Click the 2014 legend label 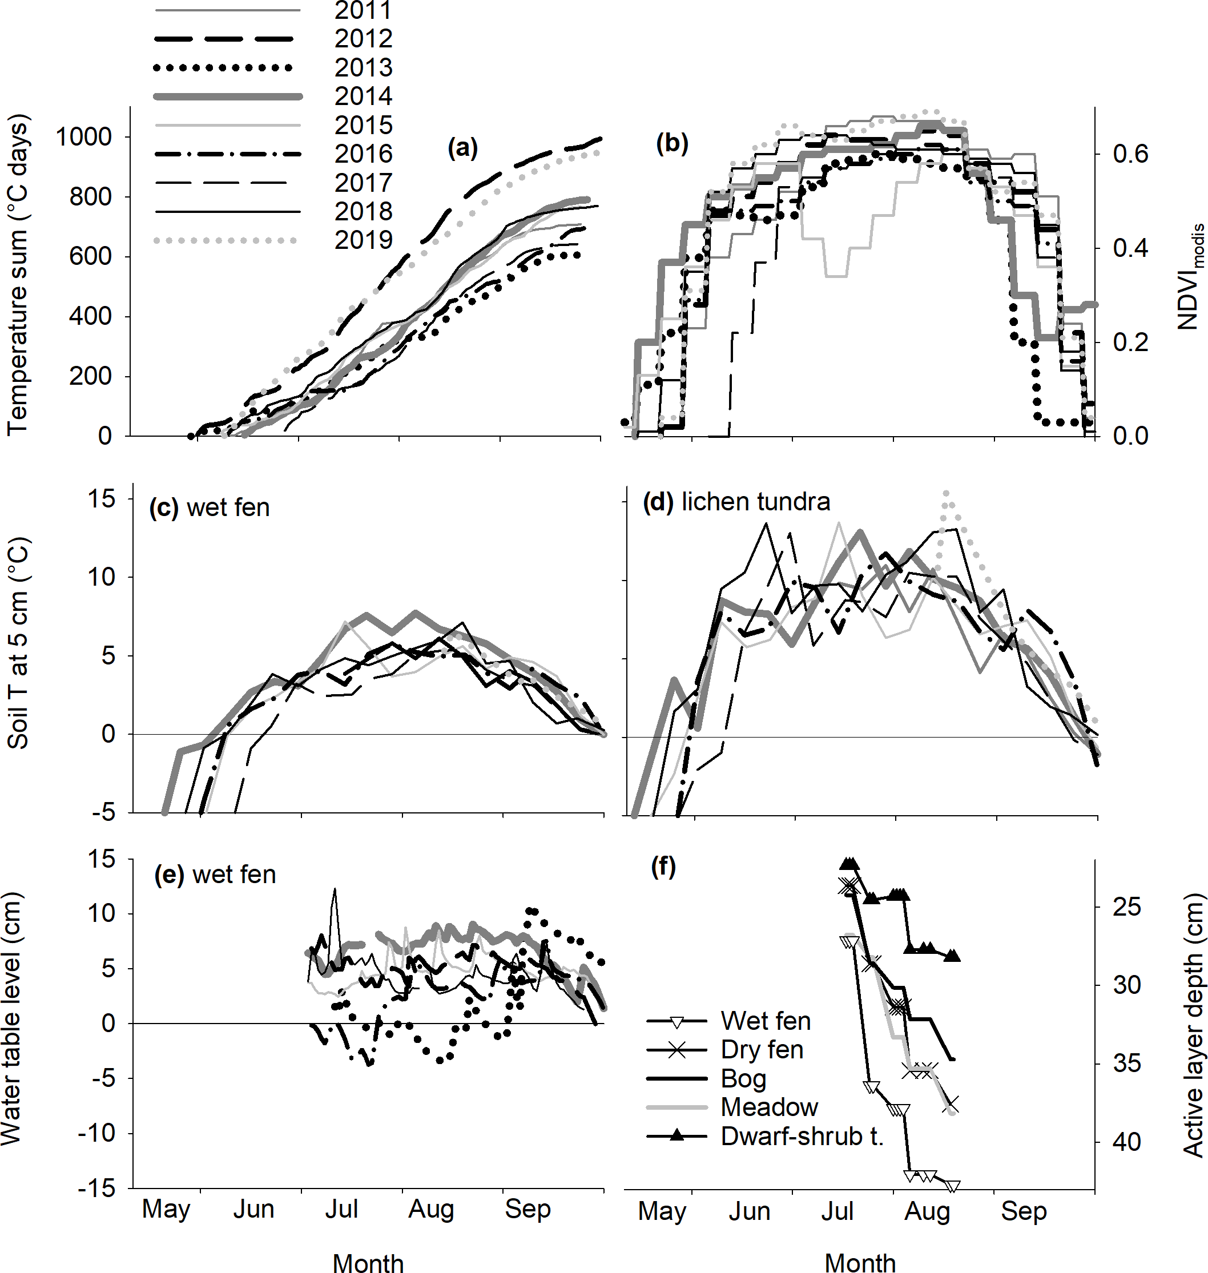click(363, 96)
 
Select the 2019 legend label click(363, 240)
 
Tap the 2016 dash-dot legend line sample click(228, 155)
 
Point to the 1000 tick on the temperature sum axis click(84, 137)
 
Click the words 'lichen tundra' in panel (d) click(755, 502)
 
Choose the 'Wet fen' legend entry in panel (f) click(765, 1021)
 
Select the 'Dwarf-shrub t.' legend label click(802, 1137)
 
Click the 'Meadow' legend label click(769, 1107)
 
